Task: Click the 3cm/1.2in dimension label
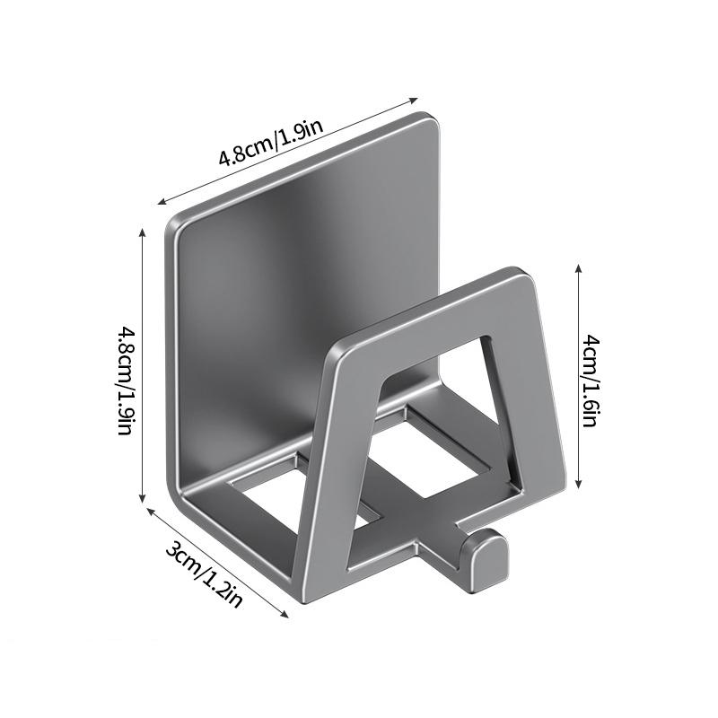click(x=203, y=574)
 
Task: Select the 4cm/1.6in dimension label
click(x=591, y=380)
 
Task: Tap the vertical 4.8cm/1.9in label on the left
click(x=125, y=380)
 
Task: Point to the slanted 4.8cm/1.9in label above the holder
click(x=271, y=143)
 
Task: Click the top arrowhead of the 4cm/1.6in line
click(x=579, y=268)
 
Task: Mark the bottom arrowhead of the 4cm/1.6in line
click(x=579, y=484)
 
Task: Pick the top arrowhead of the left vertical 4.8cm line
click(x=143, y=232)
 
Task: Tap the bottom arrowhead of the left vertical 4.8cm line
click(x=143, y=498)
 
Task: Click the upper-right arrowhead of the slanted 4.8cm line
click(x=414, y=100)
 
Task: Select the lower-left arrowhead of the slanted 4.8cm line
click(x=162, y=201)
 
